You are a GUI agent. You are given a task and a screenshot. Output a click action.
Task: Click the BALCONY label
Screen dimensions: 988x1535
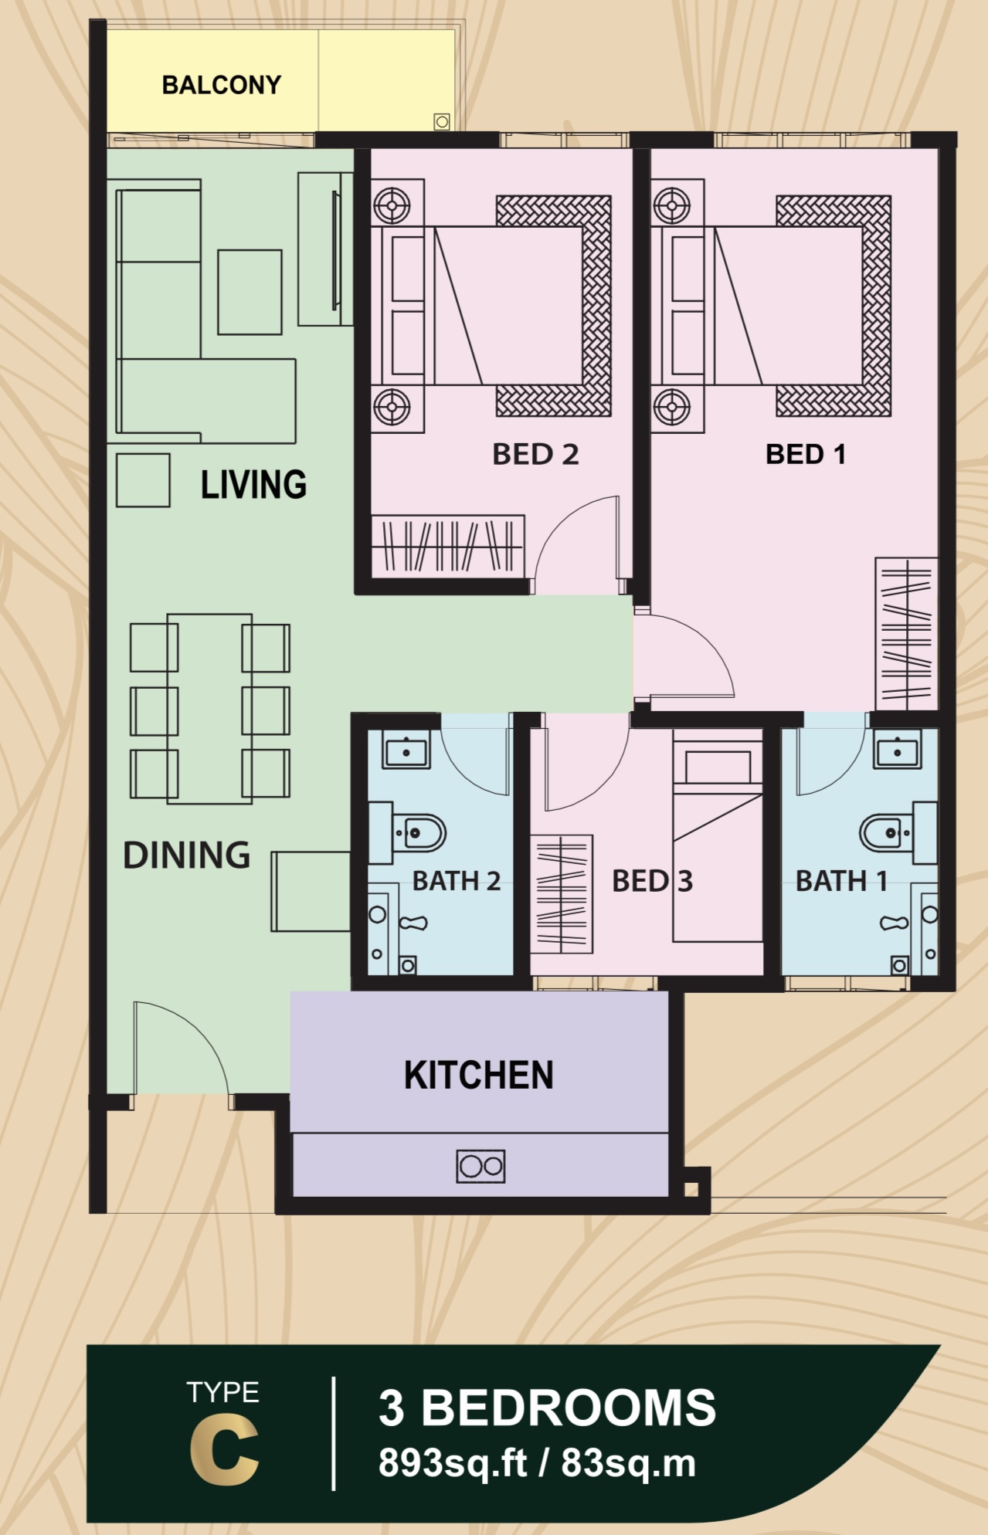click(222, 84)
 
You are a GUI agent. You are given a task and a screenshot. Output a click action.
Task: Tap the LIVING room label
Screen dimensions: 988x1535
click(253, 484)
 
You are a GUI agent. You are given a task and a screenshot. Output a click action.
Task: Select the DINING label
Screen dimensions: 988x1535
click(186, 856)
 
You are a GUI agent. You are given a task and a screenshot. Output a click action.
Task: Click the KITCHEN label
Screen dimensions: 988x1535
click(479, 1075)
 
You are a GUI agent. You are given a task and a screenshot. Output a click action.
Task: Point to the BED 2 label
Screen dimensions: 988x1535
click(535, 454)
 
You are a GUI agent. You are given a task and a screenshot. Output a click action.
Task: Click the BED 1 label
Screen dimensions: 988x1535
click(806, 454)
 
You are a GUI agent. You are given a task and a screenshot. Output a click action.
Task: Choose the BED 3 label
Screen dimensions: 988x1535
click(652, 881)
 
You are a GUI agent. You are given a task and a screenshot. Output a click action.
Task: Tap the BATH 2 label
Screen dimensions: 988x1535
click(456, 880)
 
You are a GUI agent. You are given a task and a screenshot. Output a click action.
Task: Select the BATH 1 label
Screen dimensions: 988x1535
click(841, 880)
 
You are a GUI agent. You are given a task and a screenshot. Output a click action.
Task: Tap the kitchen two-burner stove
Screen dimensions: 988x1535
click(480, 1166)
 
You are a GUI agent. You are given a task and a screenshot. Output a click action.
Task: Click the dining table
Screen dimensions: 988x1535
click(209, 709)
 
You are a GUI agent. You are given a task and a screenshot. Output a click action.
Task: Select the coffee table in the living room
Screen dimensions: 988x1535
click(250, 292)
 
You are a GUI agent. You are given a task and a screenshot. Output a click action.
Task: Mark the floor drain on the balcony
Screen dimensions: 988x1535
click(442, 121)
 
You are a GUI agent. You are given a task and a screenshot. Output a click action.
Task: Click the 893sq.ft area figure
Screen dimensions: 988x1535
click(453, 1463)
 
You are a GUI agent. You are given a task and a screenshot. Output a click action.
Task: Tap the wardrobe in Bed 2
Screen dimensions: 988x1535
click(448, 546)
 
